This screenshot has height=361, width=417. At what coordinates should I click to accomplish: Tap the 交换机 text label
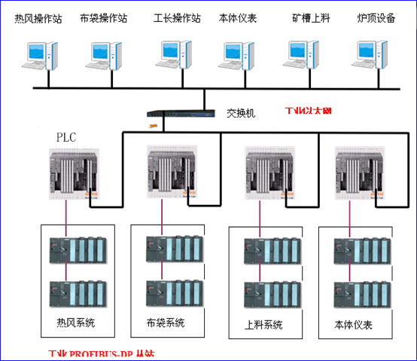tap(241, 112)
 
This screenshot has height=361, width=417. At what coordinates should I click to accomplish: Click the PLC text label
tap(67, 137)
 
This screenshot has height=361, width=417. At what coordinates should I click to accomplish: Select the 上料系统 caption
tap(264, 325)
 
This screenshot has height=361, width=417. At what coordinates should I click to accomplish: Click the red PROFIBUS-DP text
tap(107, 353)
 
